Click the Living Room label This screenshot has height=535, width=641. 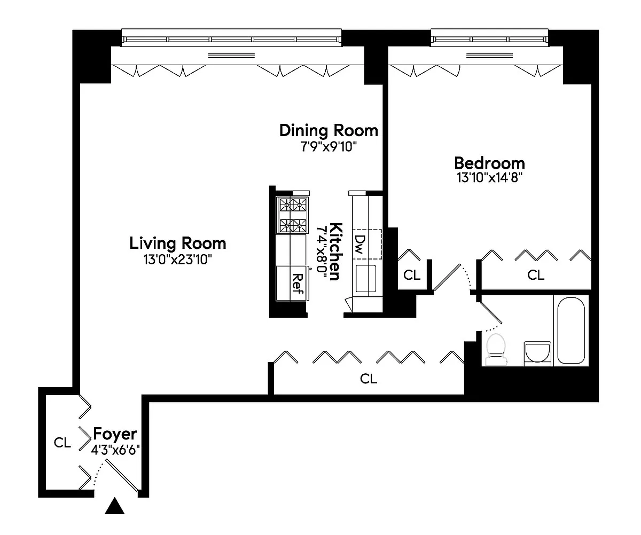pos(178,243)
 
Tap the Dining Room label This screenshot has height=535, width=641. pos(329,131)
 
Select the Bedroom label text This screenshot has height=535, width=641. pos(489,163)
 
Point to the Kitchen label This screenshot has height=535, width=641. pos(335,251)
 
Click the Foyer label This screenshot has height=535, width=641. pos(115,434)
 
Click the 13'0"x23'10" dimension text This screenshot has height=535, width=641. pos(178,260)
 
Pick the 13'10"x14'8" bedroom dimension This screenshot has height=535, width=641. pos(489,178)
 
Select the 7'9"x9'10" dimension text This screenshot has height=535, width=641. pos(329,147)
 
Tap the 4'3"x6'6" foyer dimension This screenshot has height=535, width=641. pos(115,450)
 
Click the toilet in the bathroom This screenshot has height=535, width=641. pos(496,349)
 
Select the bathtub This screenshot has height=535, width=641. pos(571,331)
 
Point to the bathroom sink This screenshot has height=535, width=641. pos(537,353)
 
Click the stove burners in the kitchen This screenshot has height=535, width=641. pos(293,215)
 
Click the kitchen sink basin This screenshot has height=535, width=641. pos(366,279)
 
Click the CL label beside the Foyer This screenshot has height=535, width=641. pos(62,443)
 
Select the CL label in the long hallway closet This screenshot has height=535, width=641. pos(369,379)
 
